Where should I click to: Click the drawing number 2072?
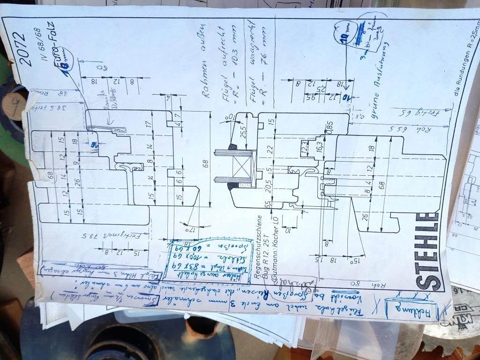pos(21,49)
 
